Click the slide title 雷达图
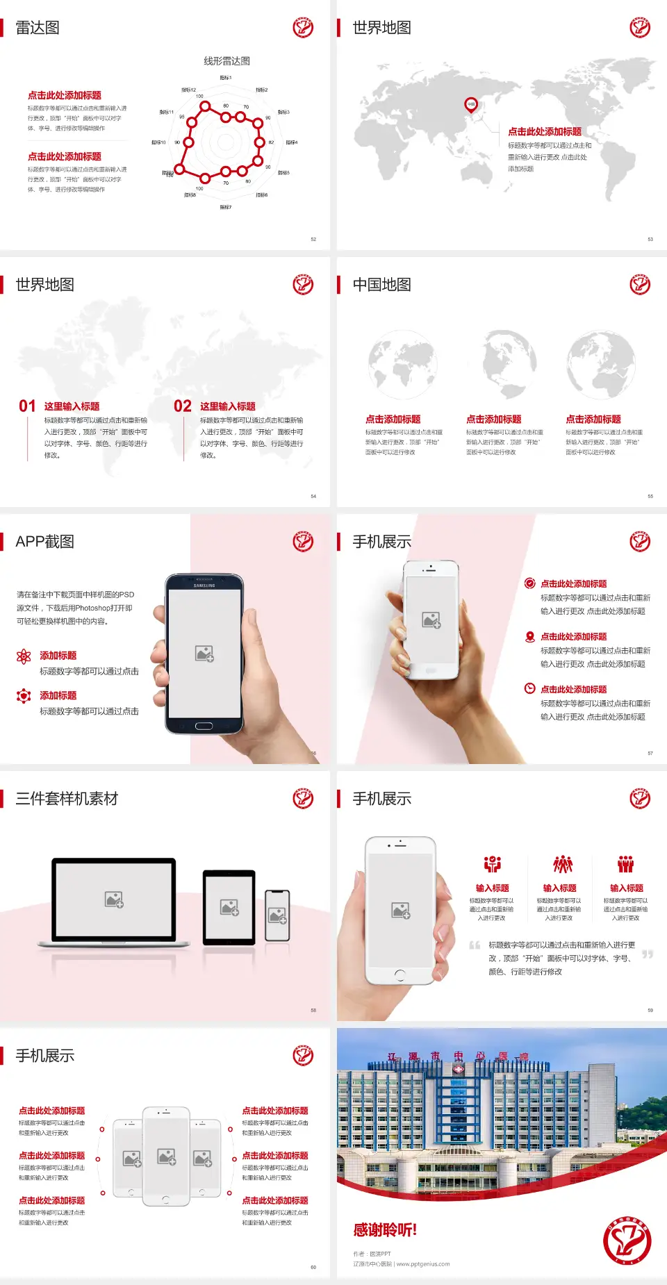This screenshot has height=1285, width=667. (x=38, y=28)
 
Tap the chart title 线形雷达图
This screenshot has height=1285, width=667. (x=227, y=61)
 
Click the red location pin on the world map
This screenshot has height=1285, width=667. (x=470, y=104)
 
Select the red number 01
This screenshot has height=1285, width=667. (x=27, y=406)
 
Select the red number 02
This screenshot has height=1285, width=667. (x=183, y=406)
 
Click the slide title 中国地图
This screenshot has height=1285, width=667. (x=381, y=285)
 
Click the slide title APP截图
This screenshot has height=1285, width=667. (x=44, y=542)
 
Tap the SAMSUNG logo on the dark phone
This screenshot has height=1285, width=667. (x=204, y=586)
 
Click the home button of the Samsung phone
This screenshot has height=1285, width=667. (x=204, y=726)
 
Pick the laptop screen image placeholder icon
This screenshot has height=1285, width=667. (x=114, y=899)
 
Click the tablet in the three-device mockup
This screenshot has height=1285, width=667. (x=229, y=906)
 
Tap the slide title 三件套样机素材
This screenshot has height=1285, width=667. (x=67, y=799)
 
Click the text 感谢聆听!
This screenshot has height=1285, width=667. (x=385, y=1230)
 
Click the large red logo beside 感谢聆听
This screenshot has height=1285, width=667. (x=627, y=1241)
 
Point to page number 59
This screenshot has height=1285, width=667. (x=650, y=1010)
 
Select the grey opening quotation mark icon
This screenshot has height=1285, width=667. (x=475, y=945)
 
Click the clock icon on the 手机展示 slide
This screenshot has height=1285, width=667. (x=529, y=688)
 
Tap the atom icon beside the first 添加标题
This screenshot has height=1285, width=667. (x=24, y=656)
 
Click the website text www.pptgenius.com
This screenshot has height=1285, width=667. (x=423, y=1264)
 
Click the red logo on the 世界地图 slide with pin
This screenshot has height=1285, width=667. (x=640, y=28)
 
